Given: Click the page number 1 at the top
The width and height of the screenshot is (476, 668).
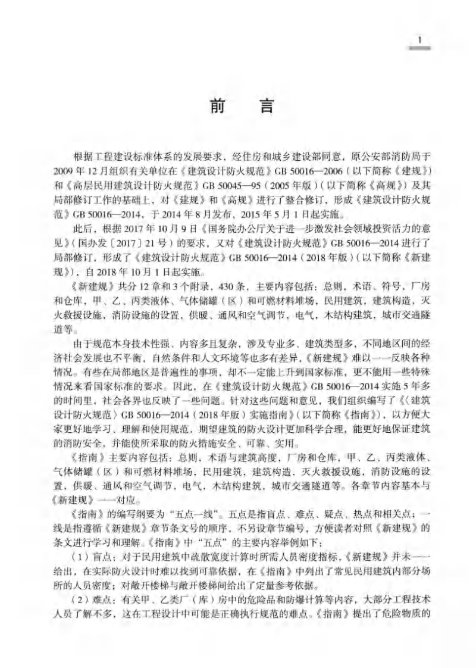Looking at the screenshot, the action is tap(421, 40).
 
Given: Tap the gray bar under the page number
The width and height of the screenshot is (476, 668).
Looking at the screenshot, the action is tap(421, 49).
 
